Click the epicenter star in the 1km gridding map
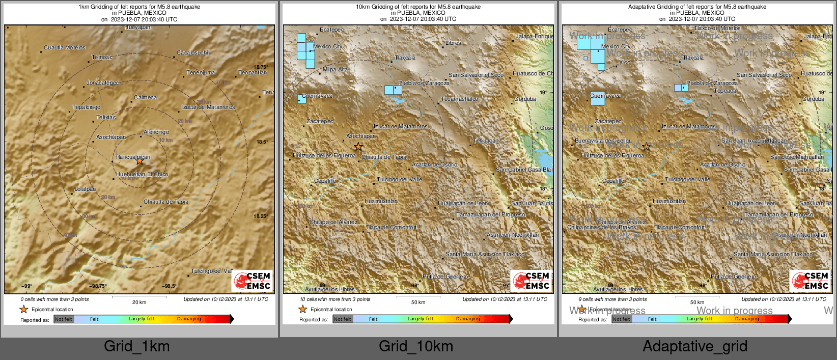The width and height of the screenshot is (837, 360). click(x=140, y=161)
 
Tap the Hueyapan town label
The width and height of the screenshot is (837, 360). click(x=137, y=27)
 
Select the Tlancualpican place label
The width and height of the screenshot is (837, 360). click(x=132, y=157)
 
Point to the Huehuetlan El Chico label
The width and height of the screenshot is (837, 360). click(x=142, y=174)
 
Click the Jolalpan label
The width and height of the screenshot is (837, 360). click(x=85, y=189)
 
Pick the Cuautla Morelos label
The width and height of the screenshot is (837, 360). click(x=65, y=47)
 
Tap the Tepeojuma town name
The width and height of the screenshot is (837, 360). click(x=201, y=72)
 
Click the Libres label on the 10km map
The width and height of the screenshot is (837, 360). click(x=453, y=43)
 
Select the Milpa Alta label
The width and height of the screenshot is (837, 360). click(x=336, y=69)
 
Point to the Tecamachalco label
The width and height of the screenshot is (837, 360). click(x=459, y=99)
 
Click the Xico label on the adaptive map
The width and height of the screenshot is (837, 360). click(x=625, y=62)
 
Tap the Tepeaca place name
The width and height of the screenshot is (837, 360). click(x=725, y=91)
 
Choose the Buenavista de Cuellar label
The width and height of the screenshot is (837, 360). click(x=603, y=141)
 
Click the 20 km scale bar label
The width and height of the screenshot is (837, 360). click(x=139, y=302)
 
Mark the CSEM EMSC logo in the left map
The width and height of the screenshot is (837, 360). click(x=253, y=281)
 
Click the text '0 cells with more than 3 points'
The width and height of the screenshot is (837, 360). click(x=54, y=299)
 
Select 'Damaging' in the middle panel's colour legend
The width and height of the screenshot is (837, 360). click(x=468, y=319)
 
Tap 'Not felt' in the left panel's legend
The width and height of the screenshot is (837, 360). click(x=64, y=319)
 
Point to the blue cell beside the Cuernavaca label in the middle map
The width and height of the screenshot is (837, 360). click(x=302, y=99)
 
